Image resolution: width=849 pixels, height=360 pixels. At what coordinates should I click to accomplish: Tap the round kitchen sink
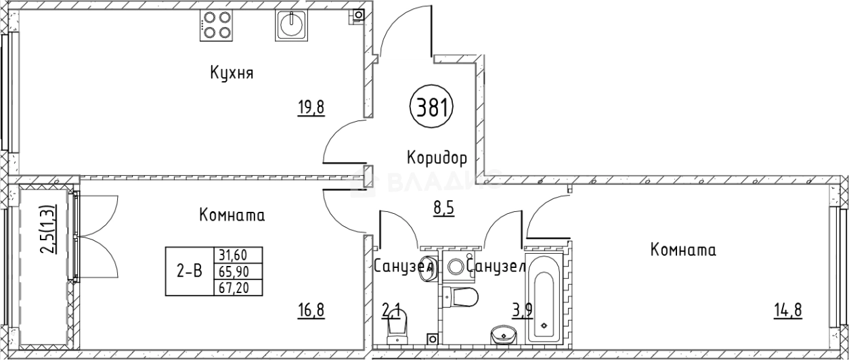pos(292,26)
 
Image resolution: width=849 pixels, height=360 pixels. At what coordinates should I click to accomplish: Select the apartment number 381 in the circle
pos(431,108)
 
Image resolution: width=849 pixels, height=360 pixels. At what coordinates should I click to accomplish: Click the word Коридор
pos(437,158)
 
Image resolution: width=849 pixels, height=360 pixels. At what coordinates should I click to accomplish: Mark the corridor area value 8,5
pos(443,208)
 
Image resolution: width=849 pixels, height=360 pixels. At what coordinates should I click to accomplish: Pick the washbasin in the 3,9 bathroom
pos(503,333)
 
